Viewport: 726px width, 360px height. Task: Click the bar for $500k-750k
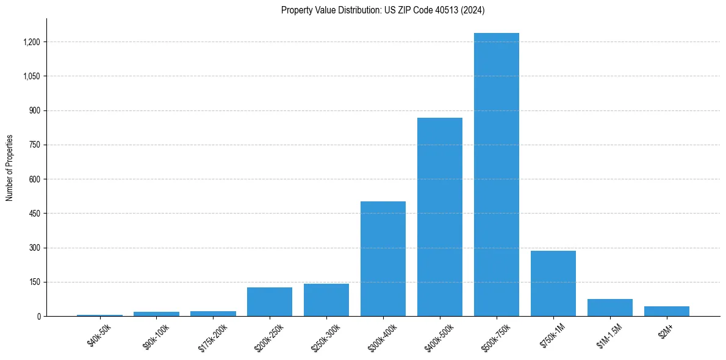tap(496, 175)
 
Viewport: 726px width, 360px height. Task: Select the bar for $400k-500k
tap(439, 217)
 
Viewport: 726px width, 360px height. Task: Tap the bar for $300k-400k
tap(383, 259)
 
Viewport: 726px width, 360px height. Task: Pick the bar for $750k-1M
tap(553, 283)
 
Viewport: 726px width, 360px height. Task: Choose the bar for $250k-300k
tap(326, 300)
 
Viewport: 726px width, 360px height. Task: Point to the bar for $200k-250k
tap(269, 301)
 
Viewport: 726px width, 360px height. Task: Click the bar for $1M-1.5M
tap(609, 308)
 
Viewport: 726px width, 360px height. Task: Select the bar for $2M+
tap(666, 311)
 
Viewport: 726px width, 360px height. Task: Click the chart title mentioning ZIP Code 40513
tap(383, 10)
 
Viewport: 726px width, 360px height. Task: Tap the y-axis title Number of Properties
tap(10, 167)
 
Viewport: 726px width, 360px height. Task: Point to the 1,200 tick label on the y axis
tap(31, 42)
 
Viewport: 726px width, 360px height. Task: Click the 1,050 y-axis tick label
tap(31, 76)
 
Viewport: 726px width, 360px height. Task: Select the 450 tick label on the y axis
tap(34, 214)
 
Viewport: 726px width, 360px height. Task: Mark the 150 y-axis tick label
tap(34, 282)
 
